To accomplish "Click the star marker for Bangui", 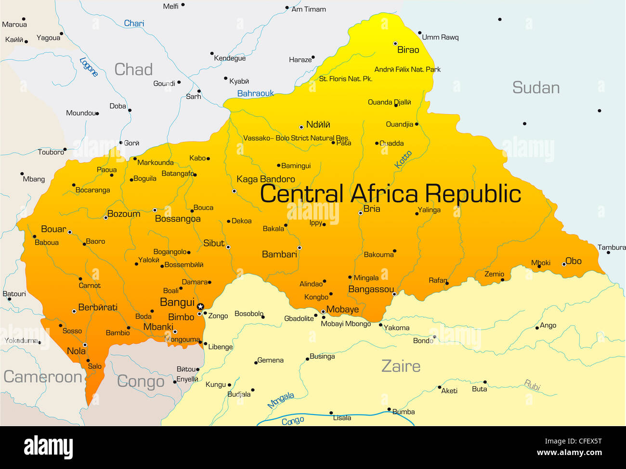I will (x=200, y=306).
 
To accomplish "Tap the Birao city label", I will (x=408, y=50).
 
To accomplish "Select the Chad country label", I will (x=133, y=70).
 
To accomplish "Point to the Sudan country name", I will (x=535, y=88).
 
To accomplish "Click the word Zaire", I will (x=401, y=366).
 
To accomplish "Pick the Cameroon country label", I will (x=43, y=377).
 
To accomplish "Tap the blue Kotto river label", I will (x=403, y=159).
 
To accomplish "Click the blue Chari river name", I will (x=134, y=23).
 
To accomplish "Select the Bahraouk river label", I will (x=255, y=93).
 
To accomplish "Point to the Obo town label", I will (x=574, y=261).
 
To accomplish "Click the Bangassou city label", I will (x=371, y=289).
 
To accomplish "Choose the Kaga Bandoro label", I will (x=266, y=179).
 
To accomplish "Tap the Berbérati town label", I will (x=98, y=307).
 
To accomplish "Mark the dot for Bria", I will (x=360, y=213).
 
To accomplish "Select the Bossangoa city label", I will (x=178, y=219).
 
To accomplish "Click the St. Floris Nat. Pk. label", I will (x=345, y=78).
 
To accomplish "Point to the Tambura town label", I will (x=612, y=248).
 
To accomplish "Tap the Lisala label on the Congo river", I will (x=342, y=418).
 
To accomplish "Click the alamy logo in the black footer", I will (x=48, y=447).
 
